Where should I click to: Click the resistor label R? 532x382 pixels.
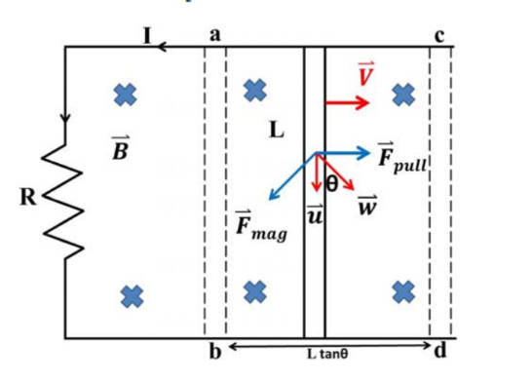click(28, 197)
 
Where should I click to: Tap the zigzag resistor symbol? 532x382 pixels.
click(63, 200)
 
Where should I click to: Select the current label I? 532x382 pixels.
click(147, 36)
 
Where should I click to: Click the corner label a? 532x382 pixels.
click(214, 35)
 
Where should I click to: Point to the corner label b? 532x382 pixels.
click(215, 351)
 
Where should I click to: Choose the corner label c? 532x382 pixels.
click(439, 36)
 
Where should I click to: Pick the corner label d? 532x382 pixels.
click(440, 350)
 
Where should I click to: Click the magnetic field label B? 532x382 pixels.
click(121, 148)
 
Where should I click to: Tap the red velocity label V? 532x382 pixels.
click(366, 74)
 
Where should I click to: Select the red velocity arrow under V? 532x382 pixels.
click(348, 102)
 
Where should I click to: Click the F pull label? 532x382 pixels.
click(402, 159)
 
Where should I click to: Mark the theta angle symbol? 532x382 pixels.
click(331, 184)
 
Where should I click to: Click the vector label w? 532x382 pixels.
click(367, 206)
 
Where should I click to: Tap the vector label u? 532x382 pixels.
click(315, 214)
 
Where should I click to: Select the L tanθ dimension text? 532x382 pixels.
click(327, 355)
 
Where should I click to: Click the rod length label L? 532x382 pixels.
click(277, 130)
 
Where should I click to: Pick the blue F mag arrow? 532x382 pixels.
click(292, 176)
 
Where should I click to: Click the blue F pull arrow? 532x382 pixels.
click(343, 153)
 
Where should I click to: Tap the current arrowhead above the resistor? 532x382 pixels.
click(65, 117)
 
